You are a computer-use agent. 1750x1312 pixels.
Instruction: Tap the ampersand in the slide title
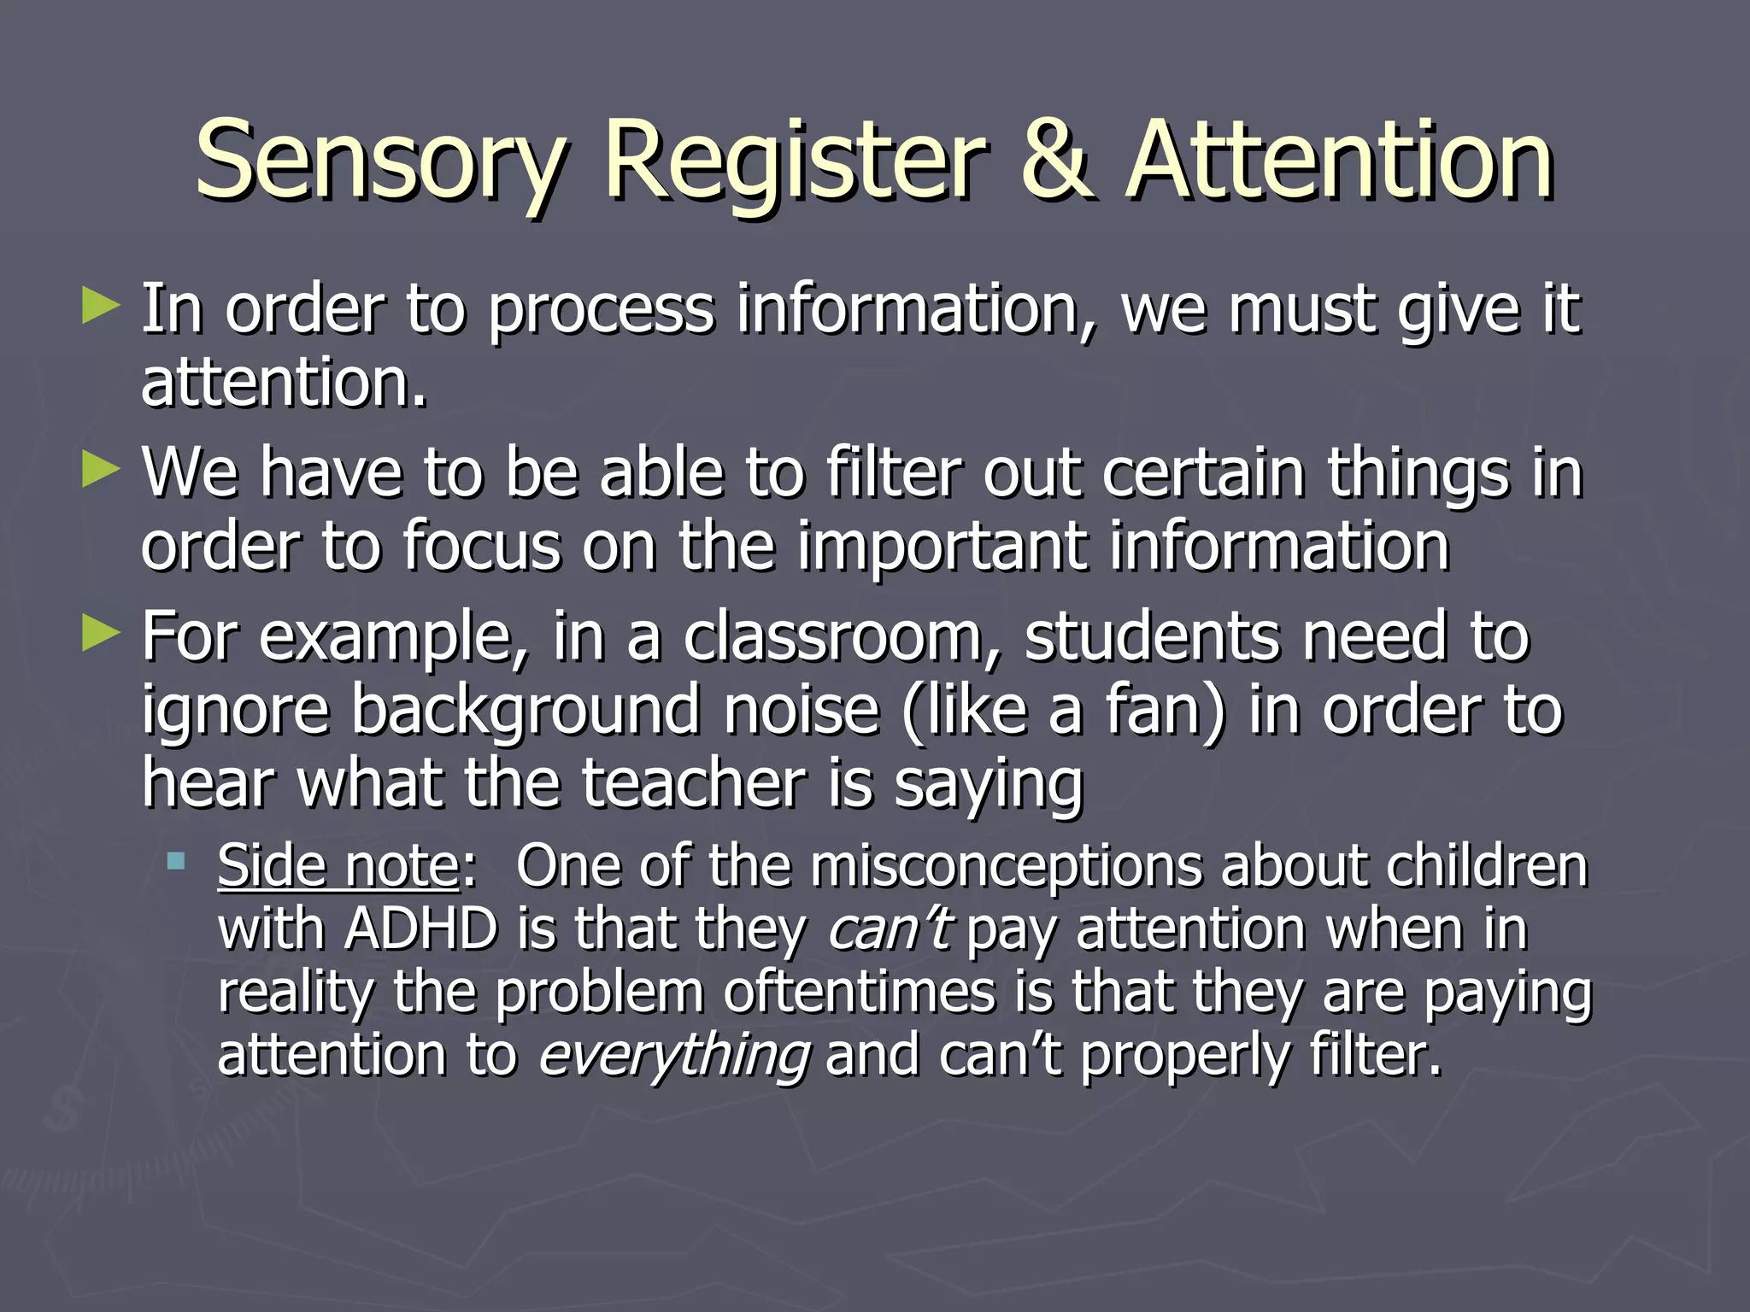[1056, 159]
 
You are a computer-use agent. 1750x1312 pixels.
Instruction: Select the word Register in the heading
[795, 161]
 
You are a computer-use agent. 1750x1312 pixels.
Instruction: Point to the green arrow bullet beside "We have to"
[100, 471]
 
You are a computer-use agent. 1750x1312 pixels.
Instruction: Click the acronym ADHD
[421, 929]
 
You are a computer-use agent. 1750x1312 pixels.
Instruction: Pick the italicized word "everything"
[674, 1056]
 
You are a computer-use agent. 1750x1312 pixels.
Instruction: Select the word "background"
[526, 711]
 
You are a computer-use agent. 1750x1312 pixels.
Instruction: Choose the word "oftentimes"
[860, 993]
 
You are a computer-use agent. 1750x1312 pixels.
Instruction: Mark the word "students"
[1153, 637]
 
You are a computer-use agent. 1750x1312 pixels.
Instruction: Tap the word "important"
[943, 547]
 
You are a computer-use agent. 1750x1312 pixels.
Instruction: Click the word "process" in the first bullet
[601, 309]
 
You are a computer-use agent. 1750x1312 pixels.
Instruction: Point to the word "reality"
[296, 993]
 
